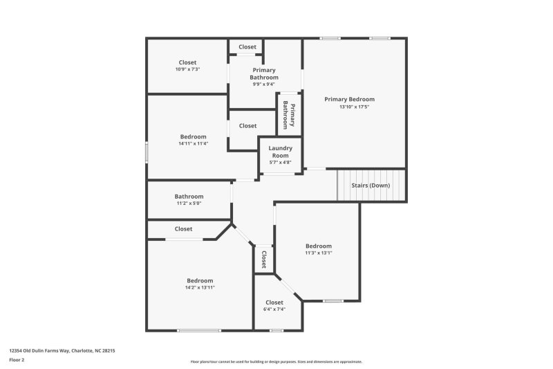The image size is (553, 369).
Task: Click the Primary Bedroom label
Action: pos(354,99)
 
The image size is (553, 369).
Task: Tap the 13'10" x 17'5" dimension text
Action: pos(354,107)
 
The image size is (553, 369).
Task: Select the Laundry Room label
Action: pos(280,152)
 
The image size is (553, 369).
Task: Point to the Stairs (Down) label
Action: pos(371,186)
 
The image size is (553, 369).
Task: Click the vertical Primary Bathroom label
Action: pos(288,114)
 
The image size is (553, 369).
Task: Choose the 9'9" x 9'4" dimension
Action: pos(264,84)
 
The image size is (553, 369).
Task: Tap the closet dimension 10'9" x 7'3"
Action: pos(187,70)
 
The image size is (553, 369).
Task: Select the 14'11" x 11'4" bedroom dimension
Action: pos(194,144)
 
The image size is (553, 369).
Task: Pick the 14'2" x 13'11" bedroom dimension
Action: pos(200,287)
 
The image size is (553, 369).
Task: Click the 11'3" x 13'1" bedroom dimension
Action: pos(319,253)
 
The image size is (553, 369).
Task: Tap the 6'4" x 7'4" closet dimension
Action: pos(274,309)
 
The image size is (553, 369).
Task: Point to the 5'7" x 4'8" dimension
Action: pos(280,163)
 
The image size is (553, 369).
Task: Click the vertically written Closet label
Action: pos(264,260)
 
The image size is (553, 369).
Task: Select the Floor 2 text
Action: pos(17,360)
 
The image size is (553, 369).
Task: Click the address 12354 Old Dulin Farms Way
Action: pos(62,351)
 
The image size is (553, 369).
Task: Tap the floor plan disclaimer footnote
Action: pos(276,361)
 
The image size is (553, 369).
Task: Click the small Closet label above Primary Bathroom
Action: pos(247,47)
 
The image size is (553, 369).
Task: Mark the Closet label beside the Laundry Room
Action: pos(247,126)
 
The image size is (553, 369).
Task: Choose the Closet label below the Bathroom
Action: pos(184,228)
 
